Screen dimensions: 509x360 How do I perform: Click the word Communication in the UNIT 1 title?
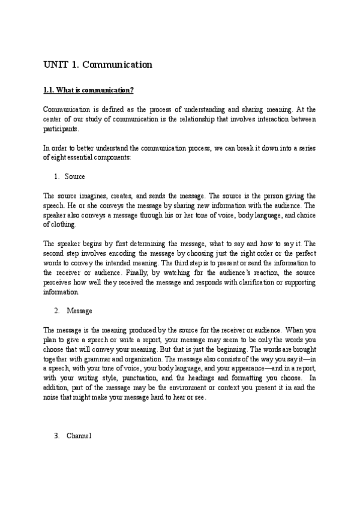pyautogui.click(x=118, y=64)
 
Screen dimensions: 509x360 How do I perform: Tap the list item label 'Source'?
pyautogui.click(x=74, y=176)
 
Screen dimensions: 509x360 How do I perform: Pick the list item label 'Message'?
pyautogui.click(x=79, y=310)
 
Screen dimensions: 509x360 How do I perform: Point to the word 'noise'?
pyautogui.click(x=53, y=397)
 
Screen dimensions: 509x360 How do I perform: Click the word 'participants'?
pyautogui.click(x=61, y=128)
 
